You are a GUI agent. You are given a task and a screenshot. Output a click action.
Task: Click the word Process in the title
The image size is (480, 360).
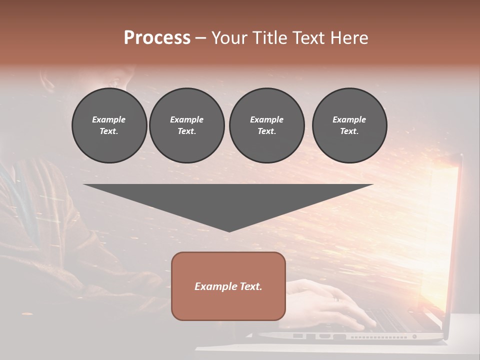pyautogui.click(x=157, y=38)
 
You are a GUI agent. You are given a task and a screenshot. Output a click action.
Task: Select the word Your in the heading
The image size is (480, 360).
pyautogui.click(x=229, y=38)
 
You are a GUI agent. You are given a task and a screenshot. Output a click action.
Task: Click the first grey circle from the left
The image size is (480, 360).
pyautogui.click(x=109, y=125)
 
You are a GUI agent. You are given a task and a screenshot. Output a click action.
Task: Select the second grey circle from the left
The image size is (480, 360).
pyautogui.click(x=186, y=125)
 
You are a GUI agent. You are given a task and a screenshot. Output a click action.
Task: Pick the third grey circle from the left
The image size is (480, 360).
pyautogui.click(x=266, y=125)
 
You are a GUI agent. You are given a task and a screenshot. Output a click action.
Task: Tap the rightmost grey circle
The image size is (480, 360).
pyautogui.click(x=349, y=125)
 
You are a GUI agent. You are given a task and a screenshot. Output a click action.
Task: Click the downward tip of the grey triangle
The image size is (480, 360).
pyautogui.click(x=229, y=230)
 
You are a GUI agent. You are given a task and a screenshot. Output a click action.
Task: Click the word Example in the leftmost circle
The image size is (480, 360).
pyautogui.click(x=109, y=119)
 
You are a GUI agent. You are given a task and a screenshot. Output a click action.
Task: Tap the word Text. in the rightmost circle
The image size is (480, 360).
pyautogui.click(x=349, y=131)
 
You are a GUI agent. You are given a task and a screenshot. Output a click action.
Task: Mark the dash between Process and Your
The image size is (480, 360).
pyautogui.click(x=201, y=38)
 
